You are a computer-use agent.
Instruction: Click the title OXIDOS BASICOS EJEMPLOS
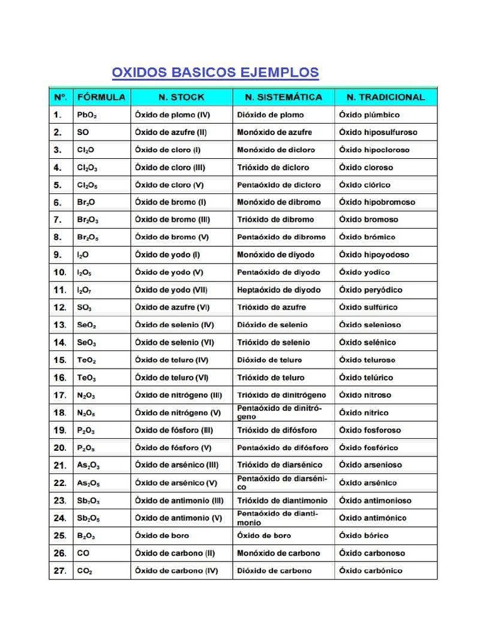[215, 73]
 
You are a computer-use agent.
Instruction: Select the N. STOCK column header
[181, 97]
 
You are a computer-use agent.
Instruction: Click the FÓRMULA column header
[101, 97]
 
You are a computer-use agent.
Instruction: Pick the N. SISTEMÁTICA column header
[283, 97]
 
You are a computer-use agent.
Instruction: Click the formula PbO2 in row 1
[87, 116]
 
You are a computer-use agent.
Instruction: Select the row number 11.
[60, 290]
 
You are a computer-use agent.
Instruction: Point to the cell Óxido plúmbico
[369, 115]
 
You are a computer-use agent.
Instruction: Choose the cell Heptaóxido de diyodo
[279, 290]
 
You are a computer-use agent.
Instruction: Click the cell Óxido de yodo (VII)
[171, 290]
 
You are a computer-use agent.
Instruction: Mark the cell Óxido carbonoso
[372, 553]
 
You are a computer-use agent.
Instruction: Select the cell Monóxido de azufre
[274, 132]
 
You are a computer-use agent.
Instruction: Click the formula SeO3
[87, 343]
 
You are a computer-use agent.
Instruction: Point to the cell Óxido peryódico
[371, 290]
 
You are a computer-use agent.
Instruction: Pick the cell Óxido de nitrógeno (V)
[178, 413]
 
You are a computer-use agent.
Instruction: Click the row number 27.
[60, 571]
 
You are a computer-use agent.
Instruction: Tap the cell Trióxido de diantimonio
[282, 500]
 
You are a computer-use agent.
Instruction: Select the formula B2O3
[87, 536]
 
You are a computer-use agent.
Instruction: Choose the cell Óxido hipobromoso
[377, 202]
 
